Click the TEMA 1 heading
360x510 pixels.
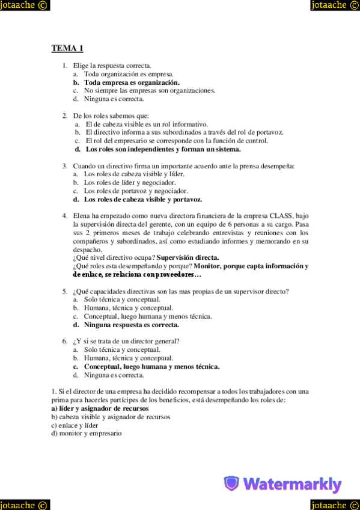click(67, 48)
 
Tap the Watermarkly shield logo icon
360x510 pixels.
click(231, 484)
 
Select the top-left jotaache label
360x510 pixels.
click(25, 5)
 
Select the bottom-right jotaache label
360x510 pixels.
click(334, 504)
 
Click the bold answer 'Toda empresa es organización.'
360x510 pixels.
click(132, 82)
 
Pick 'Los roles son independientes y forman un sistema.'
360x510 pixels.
click(163, 149)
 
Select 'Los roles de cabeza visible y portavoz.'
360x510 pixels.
click(142, 199)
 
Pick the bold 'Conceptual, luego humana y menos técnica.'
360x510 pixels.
click(151, 366)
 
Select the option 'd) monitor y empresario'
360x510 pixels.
click(87, 433)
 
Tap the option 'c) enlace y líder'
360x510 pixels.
click(75, 425)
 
